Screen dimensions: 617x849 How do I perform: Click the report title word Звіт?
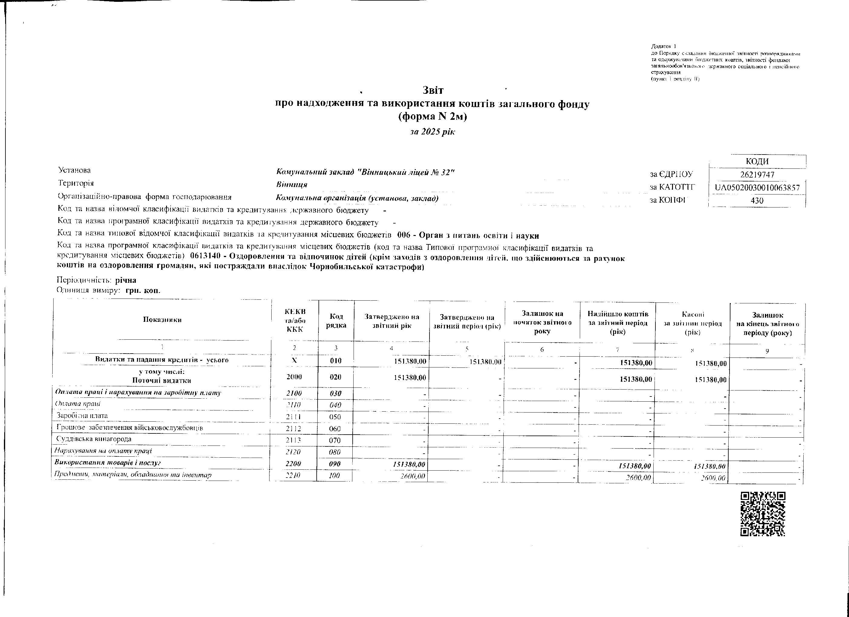(433, 90)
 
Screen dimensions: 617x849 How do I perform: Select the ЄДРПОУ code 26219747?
(757, 175)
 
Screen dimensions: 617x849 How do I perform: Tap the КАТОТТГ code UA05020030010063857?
(757, 188)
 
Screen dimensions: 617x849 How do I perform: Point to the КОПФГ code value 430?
(757, 200)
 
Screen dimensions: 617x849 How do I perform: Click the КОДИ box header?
(757, 162)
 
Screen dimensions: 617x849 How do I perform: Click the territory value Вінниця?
(292, 184)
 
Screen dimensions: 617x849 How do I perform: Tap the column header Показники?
(162, 319)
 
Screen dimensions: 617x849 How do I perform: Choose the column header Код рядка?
(336, 321)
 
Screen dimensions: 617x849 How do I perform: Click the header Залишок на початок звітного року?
(542, 322)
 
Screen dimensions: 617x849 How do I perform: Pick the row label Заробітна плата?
(82, 416)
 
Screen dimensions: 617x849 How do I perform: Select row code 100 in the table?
(334, 475)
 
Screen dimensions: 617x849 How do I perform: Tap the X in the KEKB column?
(294, 360)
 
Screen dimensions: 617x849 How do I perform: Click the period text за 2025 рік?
(432, 132)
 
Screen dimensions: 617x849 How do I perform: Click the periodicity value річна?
(126, 280)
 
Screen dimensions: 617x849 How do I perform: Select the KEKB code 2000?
(294, 377)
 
